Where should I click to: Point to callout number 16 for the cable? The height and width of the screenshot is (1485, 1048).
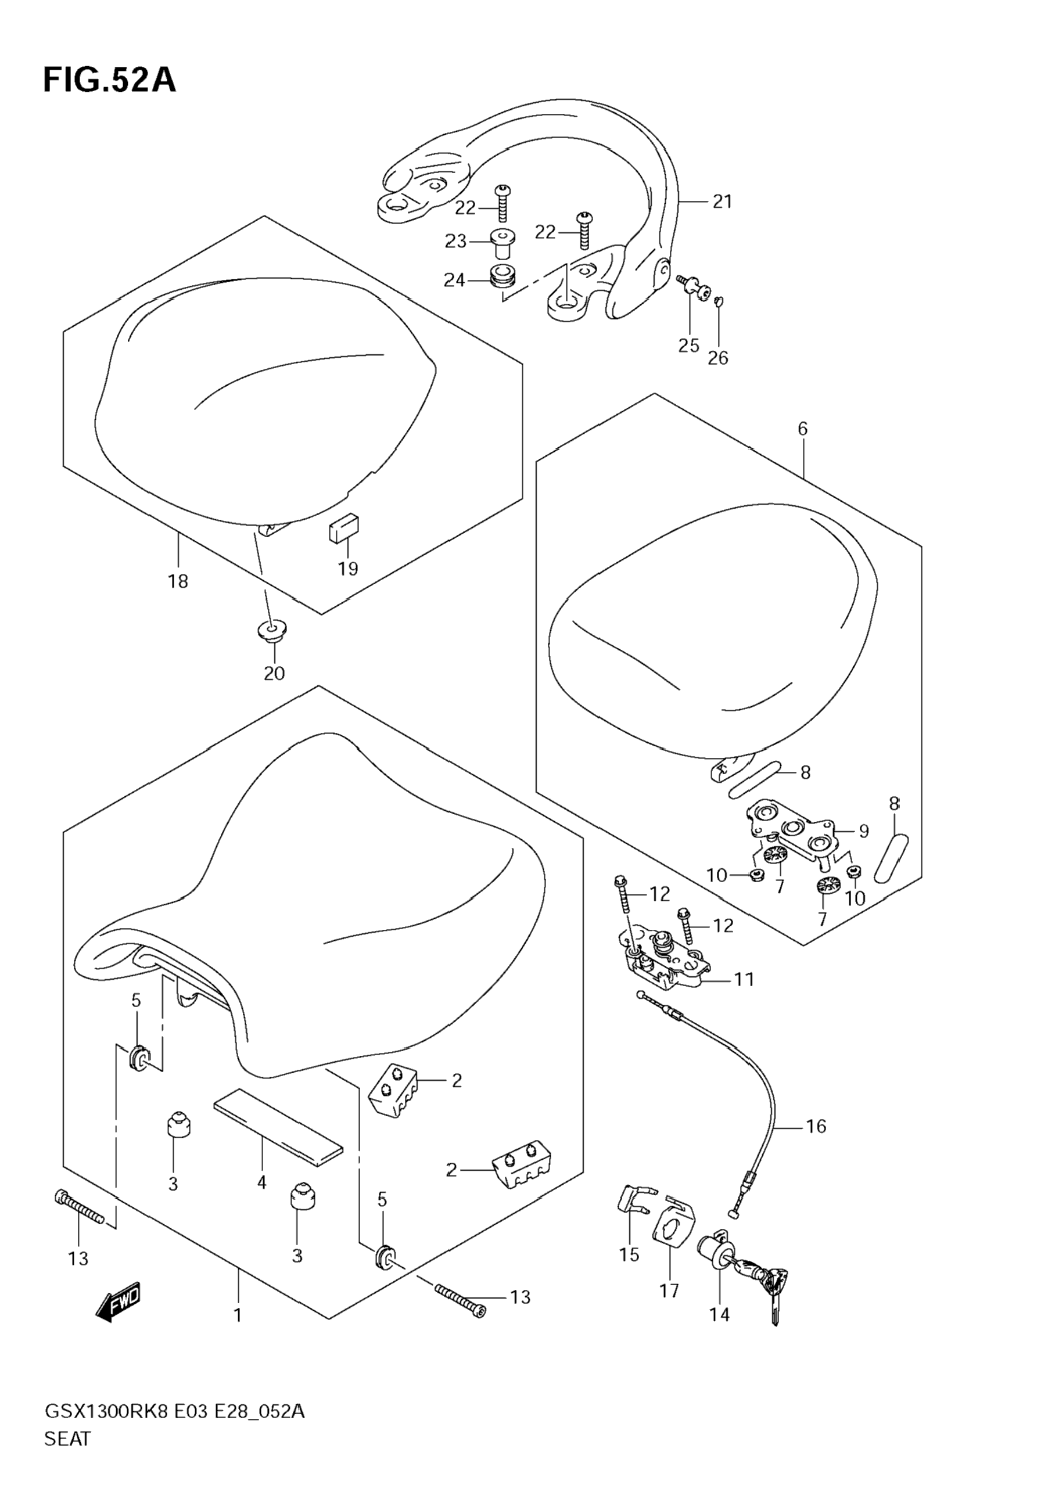coord(816,1127)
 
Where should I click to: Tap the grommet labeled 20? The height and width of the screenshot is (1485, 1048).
coord(271,631)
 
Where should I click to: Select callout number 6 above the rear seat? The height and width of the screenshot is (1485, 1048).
coord(802,428)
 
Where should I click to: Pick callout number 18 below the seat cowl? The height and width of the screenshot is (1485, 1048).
coord(178,581)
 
